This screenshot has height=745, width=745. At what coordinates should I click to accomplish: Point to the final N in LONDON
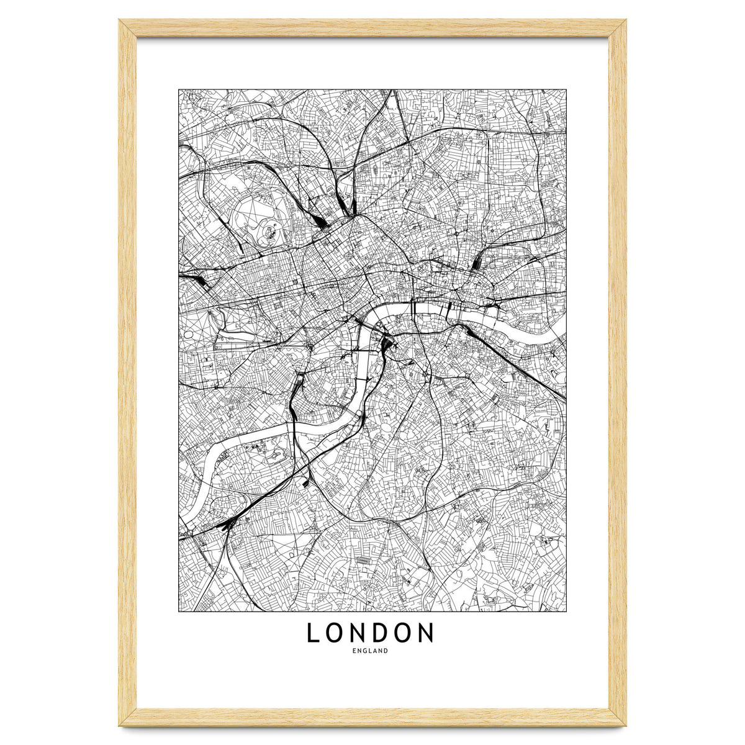[x=425, y=633]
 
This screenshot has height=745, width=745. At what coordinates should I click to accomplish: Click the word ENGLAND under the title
[x=370, y=651]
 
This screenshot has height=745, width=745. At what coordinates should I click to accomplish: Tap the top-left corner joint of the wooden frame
[x=127, y=28]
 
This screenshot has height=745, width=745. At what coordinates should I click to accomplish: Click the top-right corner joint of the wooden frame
[x=618, y=28]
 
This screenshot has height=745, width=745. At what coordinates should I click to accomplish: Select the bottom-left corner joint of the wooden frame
[x=127, y=717]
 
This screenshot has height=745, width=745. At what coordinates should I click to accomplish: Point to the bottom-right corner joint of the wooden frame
[x=618, y=717]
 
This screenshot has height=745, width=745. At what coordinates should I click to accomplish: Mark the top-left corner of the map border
[x=179, y=89]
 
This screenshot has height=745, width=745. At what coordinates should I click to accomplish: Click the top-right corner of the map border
[x=566, y=89]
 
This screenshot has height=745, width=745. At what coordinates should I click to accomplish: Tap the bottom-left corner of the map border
[x=179, y=612]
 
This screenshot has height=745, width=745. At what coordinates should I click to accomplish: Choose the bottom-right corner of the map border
[x=566, y=612]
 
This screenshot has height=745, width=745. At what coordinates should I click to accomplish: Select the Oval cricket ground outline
[x=386, y=429]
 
